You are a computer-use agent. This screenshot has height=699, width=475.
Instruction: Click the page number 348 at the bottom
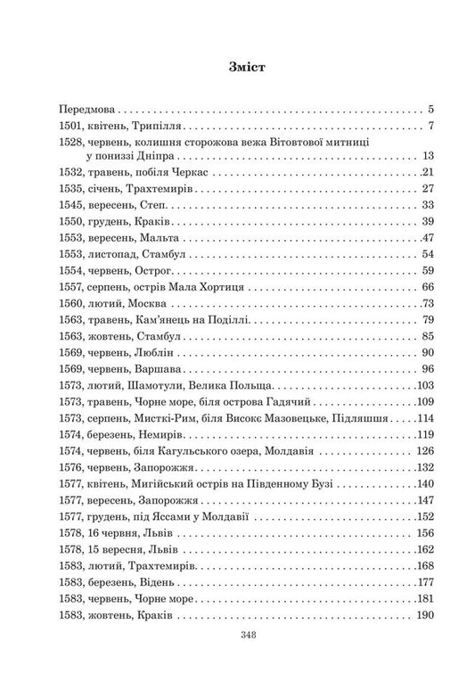(x=237, y=661)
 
